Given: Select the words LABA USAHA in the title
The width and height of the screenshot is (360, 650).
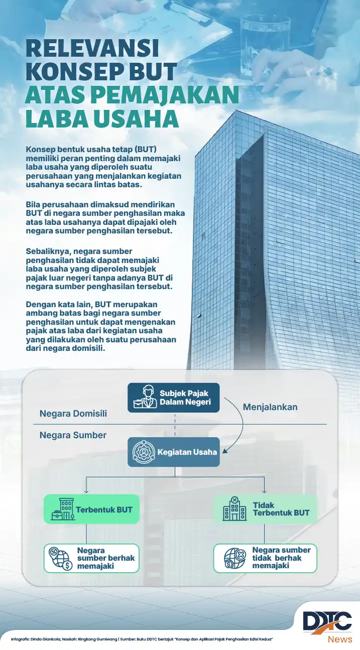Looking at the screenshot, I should tap(102, 118).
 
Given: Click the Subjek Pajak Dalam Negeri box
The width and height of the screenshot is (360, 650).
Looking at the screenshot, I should tap(173, 398).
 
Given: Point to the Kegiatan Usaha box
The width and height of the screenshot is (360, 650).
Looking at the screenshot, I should tap(174, 452).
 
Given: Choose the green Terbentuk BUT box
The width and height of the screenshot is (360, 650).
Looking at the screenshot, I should tap(91, 509).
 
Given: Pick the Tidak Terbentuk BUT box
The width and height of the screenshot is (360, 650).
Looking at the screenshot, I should tap(265, 509).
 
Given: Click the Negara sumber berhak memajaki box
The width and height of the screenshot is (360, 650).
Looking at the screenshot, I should tap(91, 558).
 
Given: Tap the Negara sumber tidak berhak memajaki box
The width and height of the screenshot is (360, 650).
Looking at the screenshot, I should tap(265, 558).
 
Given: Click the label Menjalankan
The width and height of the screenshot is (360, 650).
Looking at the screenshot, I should tap(270, 407).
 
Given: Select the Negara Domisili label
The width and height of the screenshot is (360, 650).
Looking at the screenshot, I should tap(73, 414).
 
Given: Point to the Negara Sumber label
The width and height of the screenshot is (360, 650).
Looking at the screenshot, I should tap(73, 435).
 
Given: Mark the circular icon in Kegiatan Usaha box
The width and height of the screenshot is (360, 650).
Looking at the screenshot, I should tap(142, 452).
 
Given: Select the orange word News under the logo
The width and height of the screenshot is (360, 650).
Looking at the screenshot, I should tap(340, 639).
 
